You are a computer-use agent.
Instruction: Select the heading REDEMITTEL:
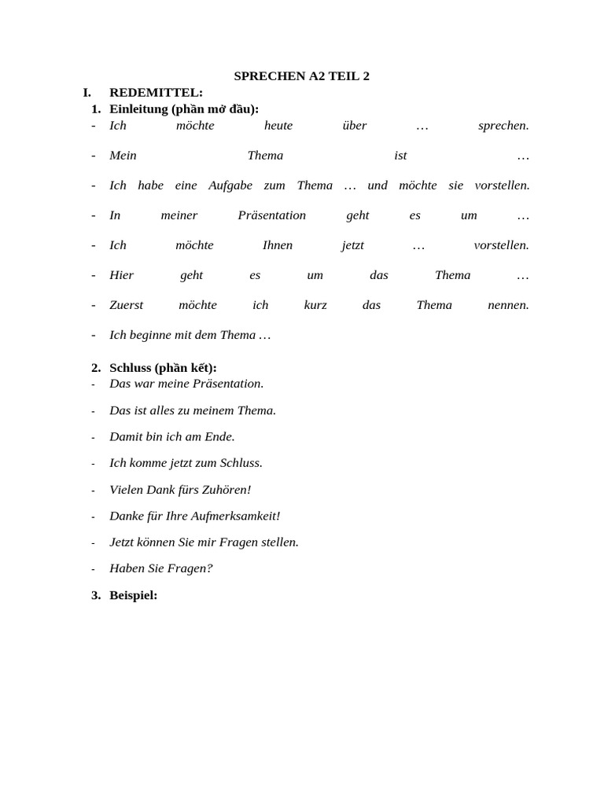coord(156,93)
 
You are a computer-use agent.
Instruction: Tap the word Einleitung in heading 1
coord(138,108)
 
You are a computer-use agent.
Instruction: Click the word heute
coord(278,126)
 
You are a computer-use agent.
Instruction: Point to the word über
coord(355,126)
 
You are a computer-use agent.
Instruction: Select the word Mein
coord(123,156)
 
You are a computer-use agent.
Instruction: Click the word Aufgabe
coord(230,186)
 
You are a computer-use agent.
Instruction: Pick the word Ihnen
coord(277,245)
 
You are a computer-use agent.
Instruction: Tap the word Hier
coord(121,275)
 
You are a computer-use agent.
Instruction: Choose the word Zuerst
coord(127,305)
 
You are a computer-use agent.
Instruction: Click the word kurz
coord(315,305)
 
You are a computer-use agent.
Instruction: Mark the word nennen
coord(508,305)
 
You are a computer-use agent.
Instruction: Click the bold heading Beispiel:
coord(133,595)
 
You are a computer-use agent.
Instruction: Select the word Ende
coord(219,436)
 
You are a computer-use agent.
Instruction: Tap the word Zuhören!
coord(225,490)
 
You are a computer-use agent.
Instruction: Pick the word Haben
coord(124,568)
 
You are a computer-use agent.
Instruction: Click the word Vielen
coord(127,490)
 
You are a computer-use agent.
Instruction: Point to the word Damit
coord(126,436)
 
